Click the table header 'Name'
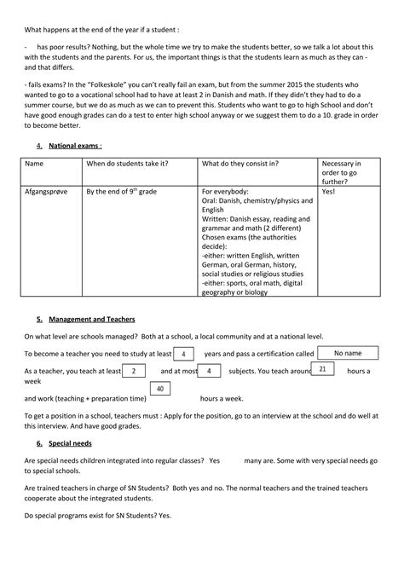[35, 163]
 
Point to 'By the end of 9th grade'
[124, 193]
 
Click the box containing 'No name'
[347, 352]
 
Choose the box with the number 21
[321, 369]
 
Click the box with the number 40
[159, 390]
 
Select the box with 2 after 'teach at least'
[134, 371]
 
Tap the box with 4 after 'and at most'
[210, 371]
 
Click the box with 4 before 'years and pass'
[187, 353]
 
